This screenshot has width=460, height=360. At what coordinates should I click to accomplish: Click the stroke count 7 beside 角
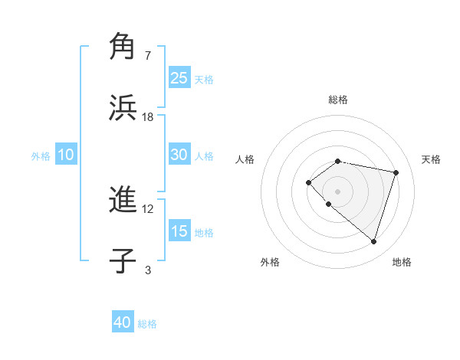(148, 55)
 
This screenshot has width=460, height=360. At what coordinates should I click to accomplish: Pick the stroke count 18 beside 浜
(148, 116)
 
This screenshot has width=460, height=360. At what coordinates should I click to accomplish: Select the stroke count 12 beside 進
(148, 208)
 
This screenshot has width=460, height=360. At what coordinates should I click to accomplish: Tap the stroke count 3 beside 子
(148, 270)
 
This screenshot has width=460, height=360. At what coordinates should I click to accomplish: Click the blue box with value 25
(179, 77)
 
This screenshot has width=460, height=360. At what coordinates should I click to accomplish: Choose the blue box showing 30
(179, 154)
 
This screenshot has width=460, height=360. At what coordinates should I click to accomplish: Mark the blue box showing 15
(179, 231)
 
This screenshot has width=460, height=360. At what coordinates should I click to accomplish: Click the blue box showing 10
(65, 155)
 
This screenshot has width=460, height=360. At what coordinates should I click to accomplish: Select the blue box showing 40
(123, 322)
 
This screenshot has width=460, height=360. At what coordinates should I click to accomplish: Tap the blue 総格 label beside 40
(147, 324)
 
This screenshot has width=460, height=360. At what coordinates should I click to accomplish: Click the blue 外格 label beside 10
(41, 156)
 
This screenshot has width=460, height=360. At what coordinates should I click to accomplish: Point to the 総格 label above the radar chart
(337, 100)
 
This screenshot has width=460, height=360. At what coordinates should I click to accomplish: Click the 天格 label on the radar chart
(431, 159)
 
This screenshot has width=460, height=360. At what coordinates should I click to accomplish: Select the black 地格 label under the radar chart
(402, 263)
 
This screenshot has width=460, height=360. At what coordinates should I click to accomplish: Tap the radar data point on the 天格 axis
(396, 172)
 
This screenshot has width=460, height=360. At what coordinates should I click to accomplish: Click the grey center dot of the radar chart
(337, 191)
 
